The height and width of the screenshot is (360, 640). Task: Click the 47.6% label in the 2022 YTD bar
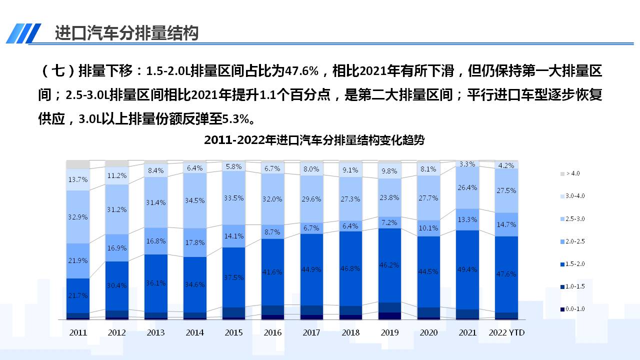[x=506, y=274]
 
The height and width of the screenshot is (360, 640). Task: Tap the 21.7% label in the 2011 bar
[x=77, y=295]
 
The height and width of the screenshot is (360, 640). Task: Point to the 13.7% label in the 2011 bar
[x=77, y=179]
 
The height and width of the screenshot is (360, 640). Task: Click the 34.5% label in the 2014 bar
[x=195, y=200]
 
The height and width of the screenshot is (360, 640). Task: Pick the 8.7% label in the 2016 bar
[x=273, y=232]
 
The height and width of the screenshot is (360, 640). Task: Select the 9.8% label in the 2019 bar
[x=389, y=170]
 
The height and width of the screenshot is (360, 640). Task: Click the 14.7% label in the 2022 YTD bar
[x=506, y=224]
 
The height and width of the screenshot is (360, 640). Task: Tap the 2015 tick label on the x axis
[x=234, y=332]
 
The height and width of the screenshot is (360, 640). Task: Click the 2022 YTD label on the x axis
[x=506, y=332]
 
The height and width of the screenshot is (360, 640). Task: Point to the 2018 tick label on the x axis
[x=350, y=332]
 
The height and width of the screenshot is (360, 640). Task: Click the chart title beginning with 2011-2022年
[x=314, y=140]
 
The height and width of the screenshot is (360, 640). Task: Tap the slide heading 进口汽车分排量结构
[x=126, y=33]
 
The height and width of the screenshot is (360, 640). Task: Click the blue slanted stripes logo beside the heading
[x=23, y=33]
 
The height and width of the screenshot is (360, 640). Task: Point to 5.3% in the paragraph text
[x=235, y=119]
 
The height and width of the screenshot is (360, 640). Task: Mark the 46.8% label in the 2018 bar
[x=350, y=268]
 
